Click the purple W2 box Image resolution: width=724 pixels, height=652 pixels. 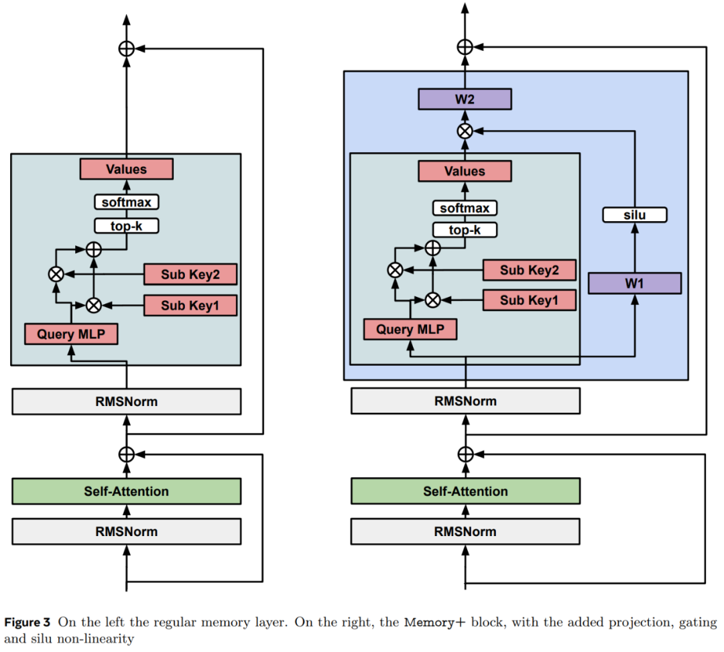pyautogui.click(x=465, y=99)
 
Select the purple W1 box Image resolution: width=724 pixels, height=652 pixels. pyautogui.click(x=634, y=283)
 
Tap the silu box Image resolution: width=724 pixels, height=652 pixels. pyautogui.click(x=634, y=215)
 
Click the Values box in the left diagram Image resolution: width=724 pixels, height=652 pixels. pyautogui.click(x=127, y=169)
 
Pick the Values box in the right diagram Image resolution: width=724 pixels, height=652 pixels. pyautogui.click(x=465, y=171)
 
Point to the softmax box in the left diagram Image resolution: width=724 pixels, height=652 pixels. pyautogui.click(x=127, y=202)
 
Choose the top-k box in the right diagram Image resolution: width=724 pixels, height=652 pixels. pyautogui.click(x=465, y=231)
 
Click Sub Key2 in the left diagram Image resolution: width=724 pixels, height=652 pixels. pyautogui.click(x=191, y=274)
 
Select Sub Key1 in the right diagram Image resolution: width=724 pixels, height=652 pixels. pyautogui.click(x=529, y=300)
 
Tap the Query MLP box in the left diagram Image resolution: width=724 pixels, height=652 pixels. pyautogui.click(x=71, y=334)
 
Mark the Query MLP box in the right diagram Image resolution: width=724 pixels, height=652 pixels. pyautogui.click(x=410, y=329)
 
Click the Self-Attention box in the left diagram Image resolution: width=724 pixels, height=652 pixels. pyautogui.click(x=127, y=491)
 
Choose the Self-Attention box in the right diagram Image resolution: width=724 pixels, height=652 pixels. pyautogui.click(x=465, y=491)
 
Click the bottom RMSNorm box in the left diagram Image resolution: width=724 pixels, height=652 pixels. pyautogui.click(x=127, y=531)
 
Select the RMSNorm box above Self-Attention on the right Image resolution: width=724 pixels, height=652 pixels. pyautogui.click(x=465, y=401)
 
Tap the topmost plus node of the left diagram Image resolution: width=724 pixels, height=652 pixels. pyautogui.click(x=127, y=48)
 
